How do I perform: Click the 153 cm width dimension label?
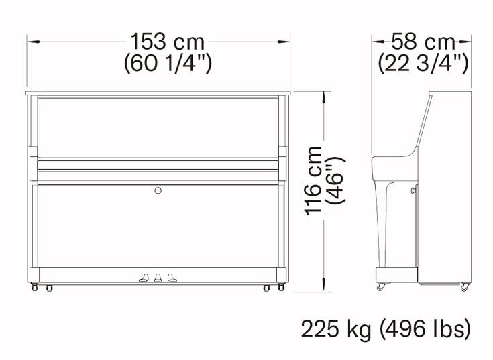tap(167, 42)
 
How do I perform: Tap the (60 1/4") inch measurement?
tap(168, 64)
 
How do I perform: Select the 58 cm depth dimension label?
tap(423, 42)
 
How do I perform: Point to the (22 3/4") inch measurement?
tap(423, 64)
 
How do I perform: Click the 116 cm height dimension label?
tap(314, 180)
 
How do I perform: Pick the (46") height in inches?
tap(336, 180)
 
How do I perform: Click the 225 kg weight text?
tap(336, 330)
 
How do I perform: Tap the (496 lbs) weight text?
tap(425, 330)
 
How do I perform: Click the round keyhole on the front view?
tap(158, 190)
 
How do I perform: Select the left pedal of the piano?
tap(144, 278)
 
